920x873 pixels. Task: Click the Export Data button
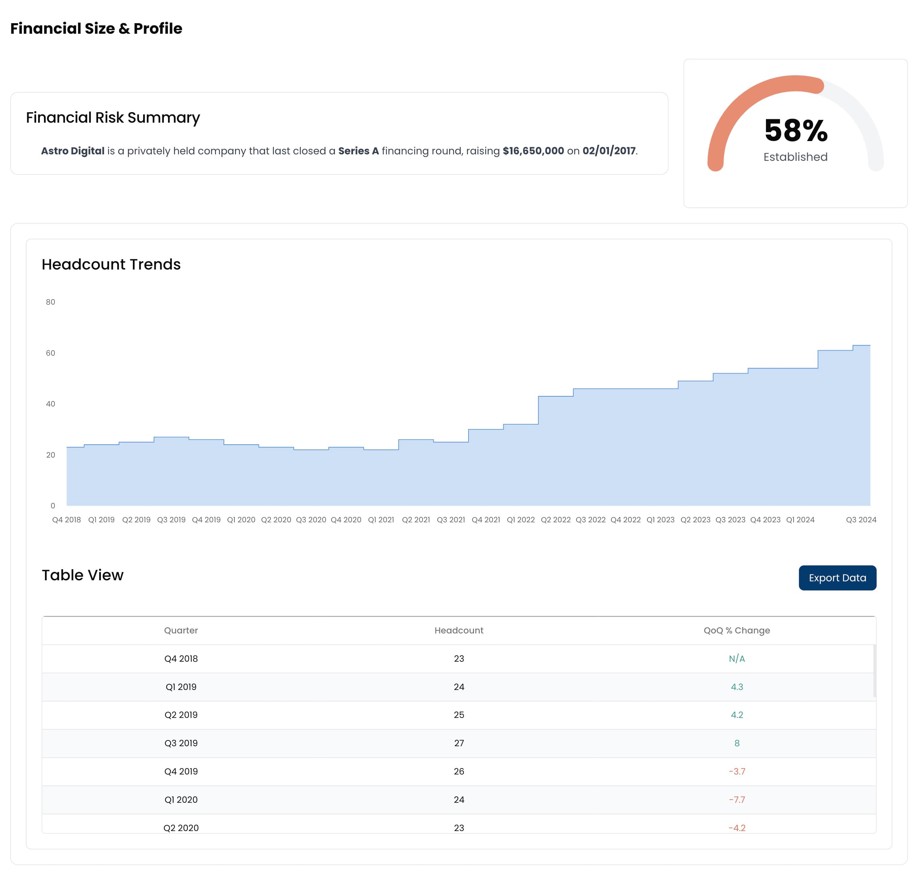(x=837, y=578)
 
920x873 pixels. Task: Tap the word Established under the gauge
(x=795, y=157)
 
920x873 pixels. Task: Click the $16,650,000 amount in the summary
(x=533, y=151)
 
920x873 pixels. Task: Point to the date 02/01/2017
(x=609, y=151)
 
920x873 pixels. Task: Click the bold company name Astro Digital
(x=73, y=151)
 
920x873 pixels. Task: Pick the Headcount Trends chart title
(x=111, y=264)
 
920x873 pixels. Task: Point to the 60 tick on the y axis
(x=50, y=353)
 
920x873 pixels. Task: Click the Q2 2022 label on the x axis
(x=556, y=520)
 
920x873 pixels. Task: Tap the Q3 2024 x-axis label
(x=861, y=520)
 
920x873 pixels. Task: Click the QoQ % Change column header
(x=737, y=630)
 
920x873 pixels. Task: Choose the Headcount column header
(x=459, y=630)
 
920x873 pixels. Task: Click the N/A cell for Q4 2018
(x=737, y=658)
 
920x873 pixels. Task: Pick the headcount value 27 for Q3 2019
(x=459, y=743)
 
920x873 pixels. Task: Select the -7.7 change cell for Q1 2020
(x=737, y=799)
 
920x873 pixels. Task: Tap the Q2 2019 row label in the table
(x=181, y=715)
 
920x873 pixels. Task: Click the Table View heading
(x=82, y=575)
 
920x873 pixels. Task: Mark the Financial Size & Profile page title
(x=96, y=28)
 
